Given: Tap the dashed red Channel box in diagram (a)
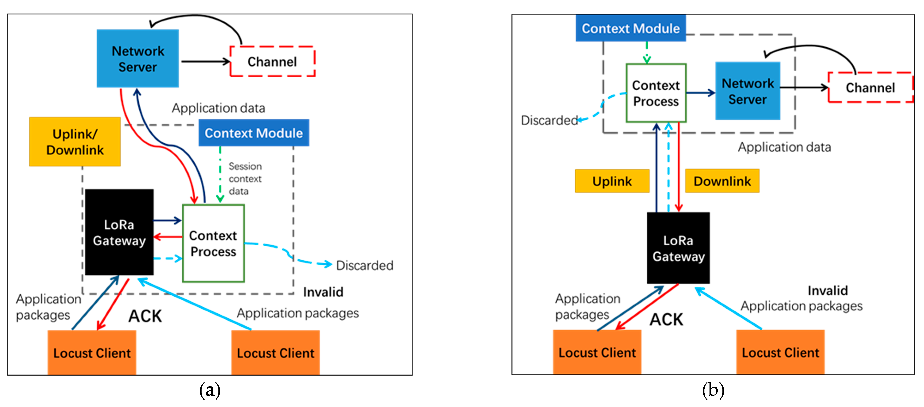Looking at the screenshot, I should pos(272,61).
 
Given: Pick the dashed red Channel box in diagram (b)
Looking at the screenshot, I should pos(870,87).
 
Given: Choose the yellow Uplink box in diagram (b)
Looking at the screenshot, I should pos(612,181).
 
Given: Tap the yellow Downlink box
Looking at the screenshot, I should pos(722,181).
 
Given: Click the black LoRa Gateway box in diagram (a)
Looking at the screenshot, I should pos(119,232).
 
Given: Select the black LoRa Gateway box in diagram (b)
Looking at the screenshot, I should pos(678,248).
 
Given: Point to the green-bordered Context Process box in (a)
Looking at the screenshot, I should pos(213,244).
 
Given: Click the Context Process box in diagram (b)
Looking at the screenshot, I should pos(656,93).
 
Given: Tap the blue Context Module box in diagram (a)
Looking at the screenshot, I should pos(254,133).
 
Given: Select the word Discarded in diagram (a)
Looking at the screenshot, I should pos(364,265).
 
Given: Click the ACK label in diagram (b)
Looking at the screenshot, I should pos(666,320).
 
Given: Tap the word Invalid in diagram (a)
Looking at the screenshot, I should pos(323,292).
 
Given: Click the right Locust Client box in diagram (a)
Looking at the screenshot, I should pos(275,353).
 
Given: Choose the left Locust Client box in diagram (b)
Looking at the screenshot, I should pos(597,353).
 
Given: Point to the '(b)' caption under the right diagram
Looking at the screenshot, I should pos(713,390).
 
